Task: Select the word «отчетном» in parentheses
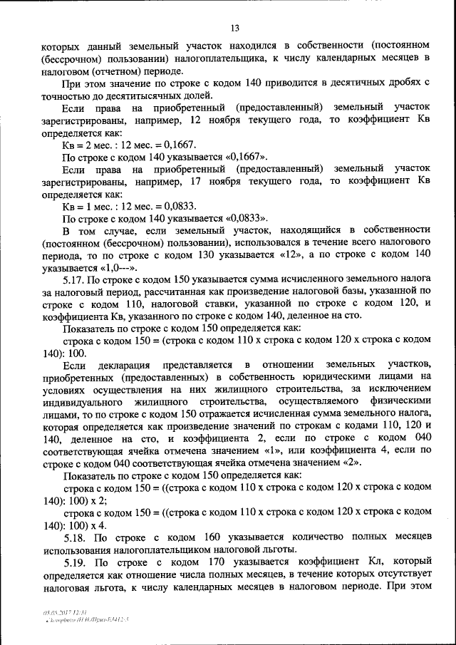120,71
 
